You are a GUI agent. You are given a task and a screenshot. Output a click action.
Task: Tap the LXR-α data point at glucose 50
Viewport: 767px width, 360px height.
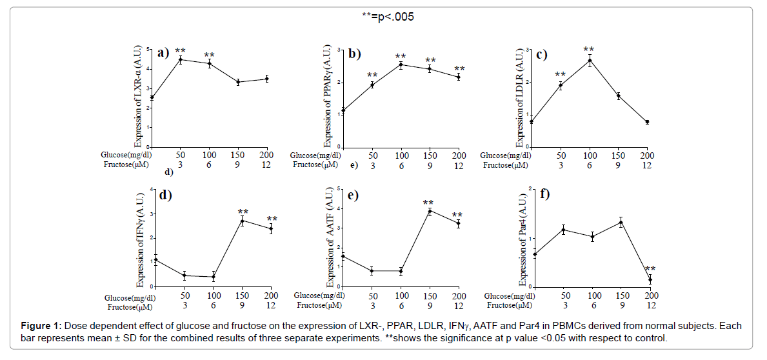(x=181, y=59)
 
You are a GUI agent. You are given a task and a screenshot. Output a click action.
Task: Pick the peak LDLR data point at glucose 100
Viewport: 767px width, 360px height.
(x=589, y=61)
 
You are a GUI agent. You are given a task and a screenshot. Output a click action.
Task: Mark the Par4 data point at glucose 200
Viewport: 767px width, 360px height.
(x=650, y=279)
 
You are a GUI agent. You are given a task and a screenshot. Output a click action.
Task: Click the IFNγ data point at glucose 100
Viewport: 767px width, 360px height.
(x=213, y=277)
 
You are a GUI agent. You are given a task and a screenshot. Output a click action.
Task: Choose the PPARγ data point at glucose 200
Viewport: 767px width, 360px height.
(x=459, y=77)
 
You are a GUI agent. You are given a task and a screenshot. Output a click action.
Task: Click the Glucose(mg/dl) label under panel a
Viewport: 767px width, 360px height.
(x=127, y=155)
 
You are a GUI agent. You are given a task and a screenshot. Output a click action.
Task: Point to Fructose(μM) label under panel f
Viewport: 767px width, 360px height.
(x=510, y=305)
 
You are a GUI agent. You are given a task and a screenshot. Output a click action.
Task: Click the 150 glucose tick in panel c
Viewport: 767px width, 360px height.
(x=618, y=155)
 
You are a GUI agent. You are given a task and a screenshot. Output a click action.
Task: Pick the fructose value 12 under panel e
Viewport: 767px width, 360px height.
(x=459, y=305)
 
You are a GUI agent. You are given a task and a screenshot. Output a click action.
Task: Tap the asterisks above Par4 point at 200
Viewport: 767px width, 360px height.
(x=650, y=270)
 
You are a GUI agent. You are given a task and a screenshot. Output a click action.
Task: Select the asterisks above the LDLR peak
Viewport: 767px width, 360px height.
(x=589, y=50)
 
